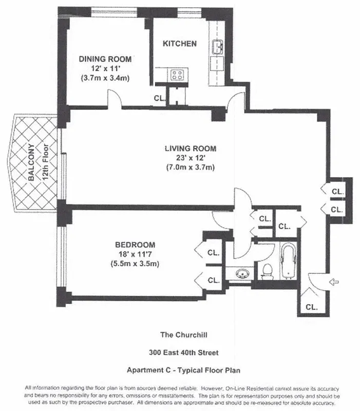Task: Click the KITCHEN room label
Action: tap(180, 44)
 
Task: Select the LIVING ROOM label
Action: tap(190, 148)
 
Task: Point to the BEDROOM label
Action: tap(135, 245)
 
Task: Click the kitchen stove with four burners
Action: tap(178, 75)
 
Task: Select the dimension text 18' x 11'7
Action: tap(135, 254)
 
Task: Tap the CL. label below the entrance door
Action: tap(311, 307)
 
